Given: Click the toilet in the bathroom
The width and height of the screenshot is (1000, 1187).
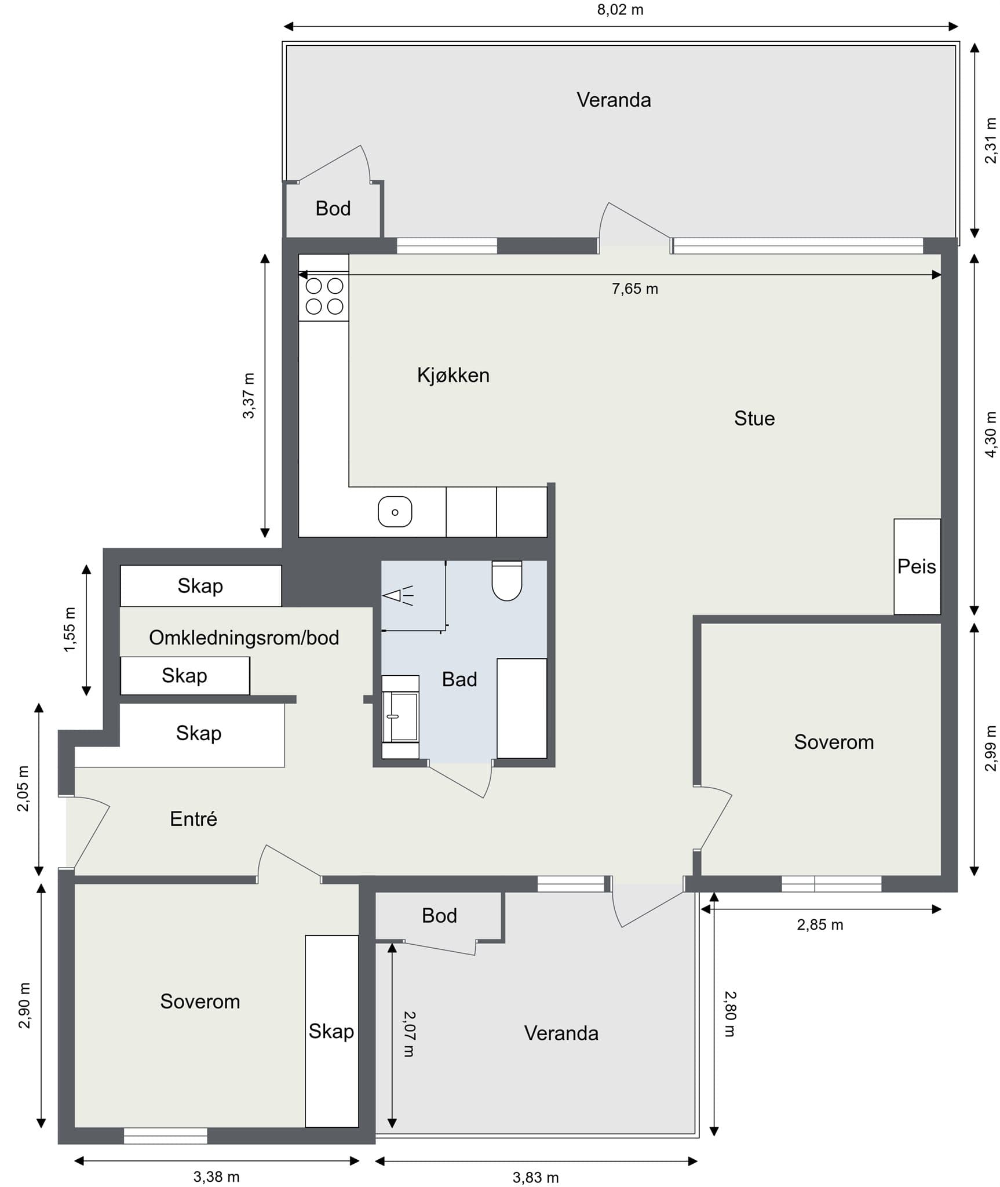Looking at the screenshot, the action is [507, 580].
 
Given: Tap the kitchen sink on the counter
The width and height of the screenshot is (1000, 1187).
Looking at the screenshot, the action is [395, 512].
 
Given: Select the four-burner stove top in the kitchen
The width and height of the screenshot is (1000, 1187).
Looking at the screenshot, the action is [324, 296].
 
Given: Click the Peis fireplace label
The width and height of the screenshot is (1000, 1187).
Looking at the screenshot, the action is [917, 566].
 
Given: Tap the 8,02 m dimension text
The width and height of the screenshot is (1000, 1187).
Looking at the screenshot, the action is [621, 10].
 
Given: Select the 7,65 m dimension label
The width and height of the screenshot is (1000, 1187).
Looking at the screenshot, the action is [635, 289].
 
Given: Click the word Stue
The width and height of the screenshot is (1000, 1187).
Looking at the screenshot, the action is [754, 418].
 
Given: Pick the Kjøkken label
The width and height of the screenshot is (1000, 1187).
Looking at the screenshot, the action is [453, 376].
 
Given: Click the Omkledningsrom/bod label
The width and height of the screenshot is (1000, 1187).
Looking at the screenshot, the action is [244, 638].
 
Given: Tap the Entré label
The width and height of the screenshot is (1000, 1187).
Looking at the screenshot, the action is [194, 818].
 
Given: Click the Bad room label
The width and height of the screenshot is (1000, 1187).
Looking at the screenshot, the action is [459, 679].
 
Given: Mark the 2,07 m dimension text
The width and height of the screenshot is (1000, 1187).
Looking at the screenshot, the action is [409, 1034].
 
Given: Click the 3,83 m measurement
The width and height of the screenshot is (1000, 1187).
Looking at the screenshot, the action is [536, 1177].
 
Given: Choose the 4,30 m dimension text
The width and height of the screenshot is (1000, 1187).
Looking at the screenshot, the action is [991, 435].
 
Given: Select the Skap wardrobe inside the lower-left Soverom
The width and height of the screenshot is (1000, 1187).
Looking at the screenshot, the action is [331, 1032].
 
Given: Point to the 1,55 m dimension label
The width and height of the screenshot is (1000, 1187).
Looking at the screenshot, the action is [70, 629].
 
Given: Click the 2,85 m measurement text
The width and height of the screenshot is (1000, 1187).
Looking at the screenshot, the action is [820, 924].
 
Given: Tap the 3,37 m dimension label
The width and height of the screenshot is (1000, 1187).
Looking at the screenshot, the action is [249, 396].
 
